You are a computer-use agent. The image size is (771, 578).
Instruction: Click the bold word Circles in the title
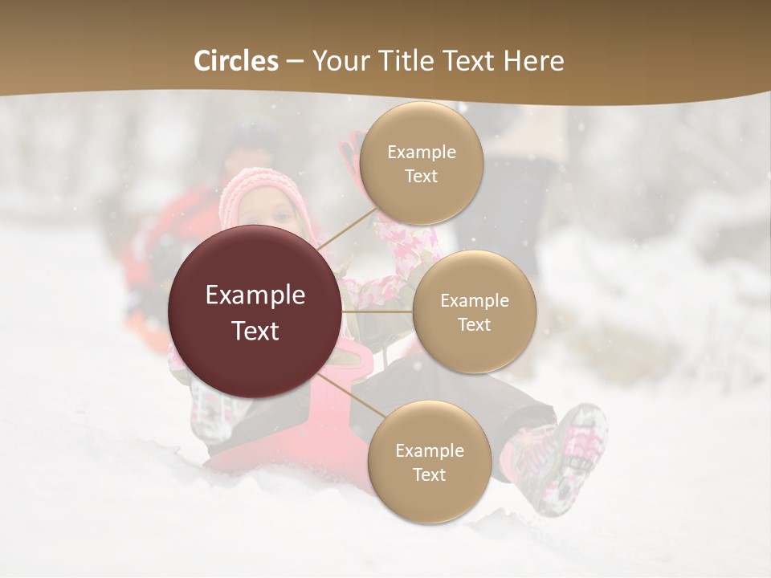[235, 61]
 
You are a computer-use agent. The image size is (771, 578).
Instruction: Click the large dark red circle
[255, 311]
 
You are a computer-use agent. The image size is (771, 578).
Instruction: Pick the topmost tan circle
[421, 163]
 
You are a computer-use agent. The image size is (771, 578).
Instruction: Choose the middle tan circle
[475, 312]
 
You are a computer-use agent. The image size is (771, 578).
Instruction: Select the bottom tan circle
[429, 462]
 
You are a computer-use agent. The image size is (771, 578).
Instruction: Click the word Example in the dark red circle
[255, 295]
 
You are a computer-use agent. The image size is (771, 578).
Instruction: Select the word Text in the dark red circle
[255, 330]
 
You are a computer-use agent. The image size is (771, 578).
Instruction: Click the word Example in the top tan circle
[421, 152]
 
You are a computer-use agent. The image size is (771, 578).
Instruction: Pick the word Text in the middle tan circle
[475, 324]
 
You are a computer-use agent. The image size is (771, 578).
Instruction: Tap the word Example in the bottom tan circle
[429, 450]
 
